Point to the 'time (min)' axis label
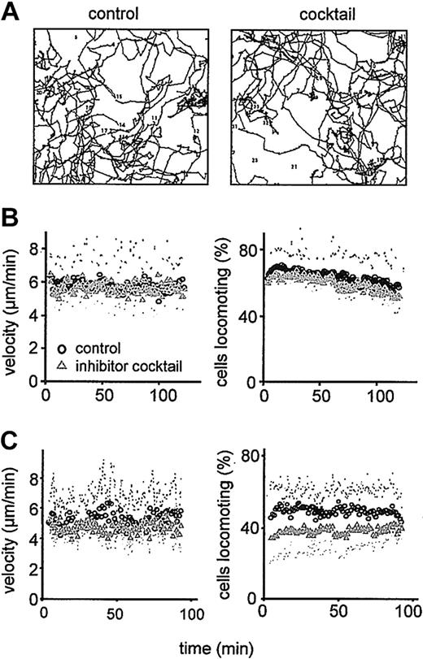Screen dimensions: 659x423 (x=220, y=647)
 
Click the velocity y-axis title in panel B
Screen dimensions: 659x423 (x=11, y=309)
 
